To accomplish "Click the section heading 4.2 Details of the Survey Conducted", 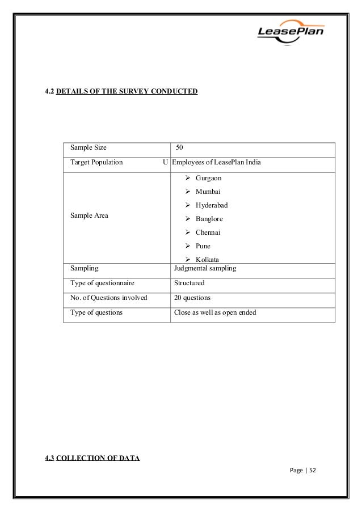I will point(121,90).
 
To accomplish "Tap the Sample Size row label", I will point(88,147).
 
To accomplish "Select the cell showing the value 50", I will point(179,147).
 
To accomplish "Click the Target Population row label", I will point(96,162).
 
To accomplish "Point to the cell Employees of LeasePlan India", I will point(217,162).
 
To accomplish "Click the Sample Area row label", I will point(89,215).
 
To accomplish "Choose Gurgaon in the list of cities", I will point(208,178).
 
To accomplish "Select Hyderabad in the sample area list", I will point(212,205).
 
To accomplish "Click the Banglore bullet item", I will point(209,219).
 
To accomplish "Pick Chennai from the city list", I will point(208,232).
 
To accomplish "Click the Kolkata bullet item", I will point(207,259).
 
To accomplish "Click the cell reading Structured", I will point(190,282).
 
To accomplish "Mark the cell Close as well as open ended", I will point(216,312).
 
